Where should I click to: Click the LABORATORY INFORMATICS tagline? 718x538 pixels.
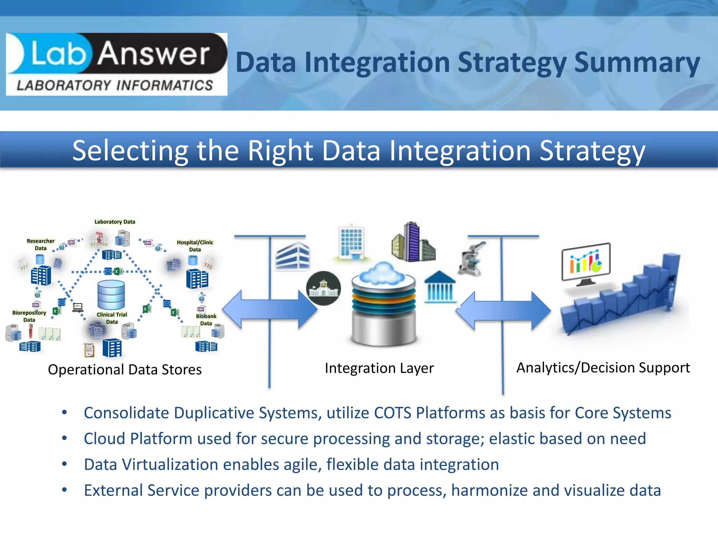(x=115, y=85)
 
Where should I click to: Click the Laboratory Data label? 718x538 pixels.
(x=115, y=222)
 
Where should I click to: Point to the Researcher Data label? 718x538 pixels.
(x=41, y=244)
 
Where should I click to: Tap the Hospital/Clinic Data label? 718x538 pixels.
(x=195, y=246)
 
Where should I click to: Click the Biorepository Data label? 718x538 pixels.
(x=29, y=316)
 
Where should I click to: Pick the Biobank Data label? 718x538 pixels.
(x=206, y=319)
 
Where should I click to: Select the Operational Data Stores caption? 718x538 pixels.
(x=125, y=370)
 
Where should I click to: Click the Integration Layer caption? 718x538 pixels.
(x=379, y=368)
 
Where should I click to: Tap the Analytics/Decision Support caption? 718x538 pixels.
(x=603, y=367)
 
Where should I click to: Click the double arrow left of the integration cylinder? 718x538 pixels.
(x=270, y=310)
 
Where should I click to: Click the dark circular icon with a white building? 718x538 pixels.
(x=323, y=288)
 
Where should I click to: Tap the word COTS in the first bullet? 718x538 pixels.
(x=392, y=413)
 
